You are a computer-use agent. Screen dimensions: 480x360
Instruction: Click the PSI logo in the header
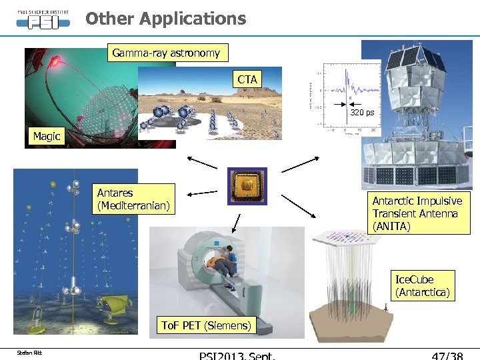point(43,18)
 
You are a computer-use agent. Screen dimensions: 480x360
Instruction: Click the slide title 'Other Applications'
point(165,19)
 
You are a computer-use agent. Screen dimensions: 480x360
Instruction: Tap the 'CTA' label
point(247,80)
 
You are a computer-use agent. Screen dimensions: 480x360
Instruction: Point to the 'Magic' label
point(47,137)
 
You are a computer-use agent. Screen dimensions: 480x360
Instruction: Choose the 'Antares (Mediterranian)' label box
point(133,199)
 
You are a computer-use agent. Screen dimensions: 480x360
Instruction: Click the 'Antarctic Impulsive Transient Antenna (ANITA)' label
point(417,213)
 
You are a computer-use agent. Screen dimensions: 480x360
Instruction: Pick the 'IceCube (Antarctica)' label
point(423,285)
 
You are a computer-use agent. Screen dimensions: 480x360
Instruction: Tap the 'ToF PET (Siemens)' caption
point(207,325)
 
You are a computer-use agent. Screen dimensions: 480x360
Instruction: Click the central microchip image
point(247,185)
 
